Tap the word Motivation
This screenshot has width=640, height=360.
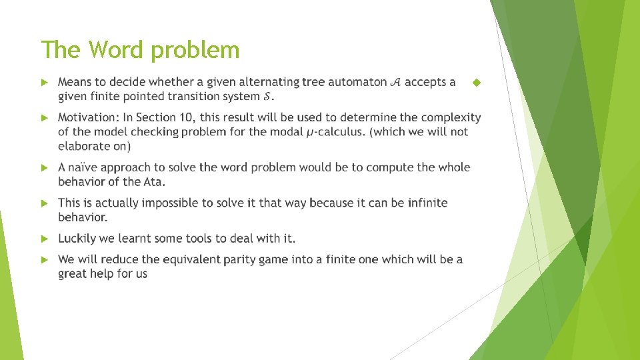(87, 117)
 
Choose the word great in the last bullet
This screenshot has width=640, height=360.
(73, 273)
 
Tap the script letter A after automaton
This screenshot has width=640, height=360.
(394, 83)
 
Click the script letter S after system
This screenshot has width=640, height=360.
(267, 97)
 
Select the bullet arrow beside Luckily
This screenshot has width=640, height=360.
(45, 239)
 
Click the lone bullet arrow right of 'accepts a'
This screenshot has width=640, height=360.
(475, 83)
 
